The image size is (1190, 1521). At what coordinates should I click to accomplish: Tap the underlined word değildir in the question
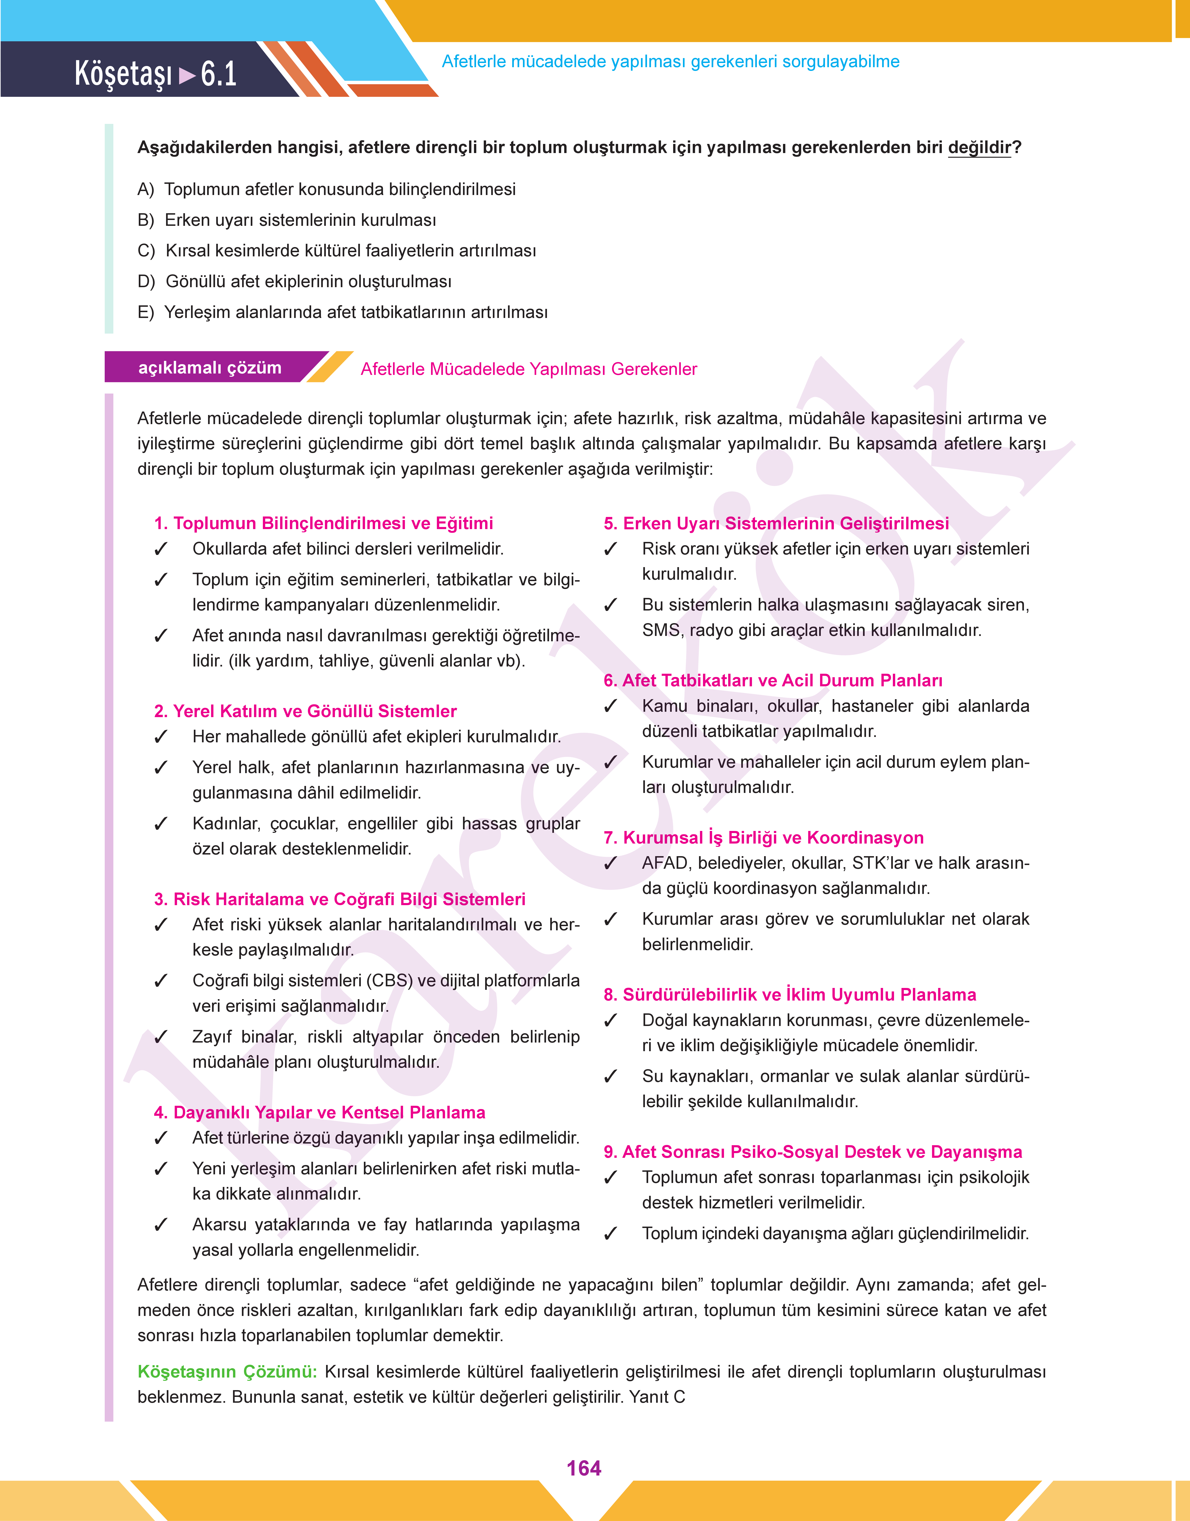[979, 148]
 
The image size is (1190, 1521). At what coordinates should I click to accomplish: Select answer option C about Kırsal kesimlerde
[337, 251]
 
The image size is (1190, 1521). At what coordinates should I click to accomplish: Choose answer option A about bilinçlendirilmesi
[327, 189]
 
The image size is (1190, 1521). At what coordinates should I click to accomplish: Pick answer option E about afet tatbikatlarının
[343, 312]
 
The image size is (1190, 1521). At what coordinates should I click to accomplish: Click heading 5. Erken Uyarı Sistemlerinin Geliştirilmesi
[776, 523]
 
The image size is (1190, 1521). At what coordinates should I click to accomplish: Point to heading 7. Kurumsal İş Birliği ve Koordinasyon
[764, 837]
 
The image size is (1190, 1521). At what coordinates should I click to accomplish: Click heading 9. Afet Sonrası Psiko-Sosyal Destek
[812, 1152]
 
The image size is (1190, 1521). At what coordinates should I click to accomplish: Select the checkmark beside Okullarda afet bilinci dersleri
[161, 549]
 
